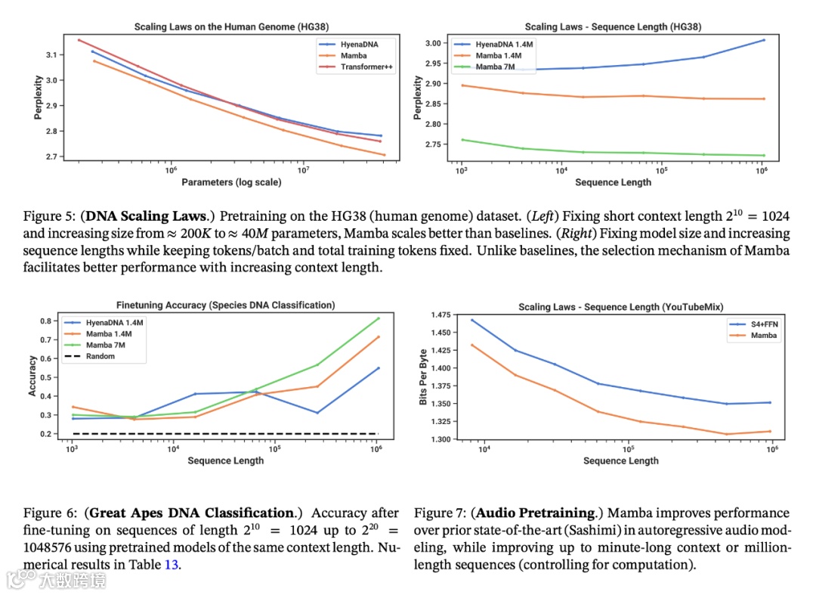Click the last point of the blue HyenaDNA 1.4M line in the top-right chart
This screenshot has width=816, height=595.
point(763,39)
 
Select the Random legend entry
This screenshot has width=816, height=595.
point(100,355)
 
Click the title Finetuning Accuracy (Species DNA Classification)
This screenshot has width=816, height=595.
point(225,305)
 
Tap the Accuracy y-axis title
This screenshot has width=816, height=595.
point(32,376)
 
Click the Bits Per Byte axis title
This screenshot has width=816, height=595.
point(424,376)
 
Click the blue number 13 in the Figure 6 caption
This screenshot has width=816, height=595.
point(170,564)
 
